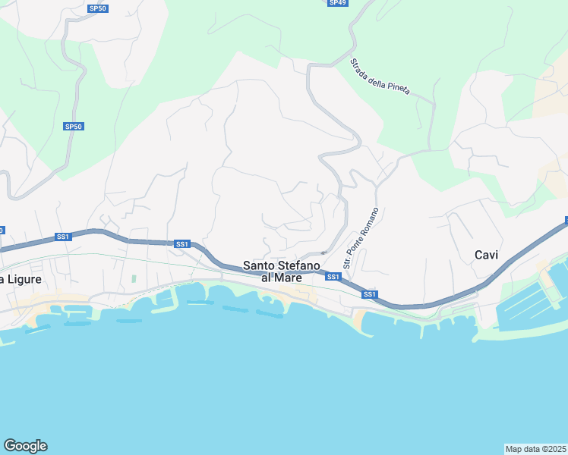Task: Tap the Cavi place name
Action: pos(486,255)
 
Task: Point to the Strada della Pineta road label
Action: pos(380,77)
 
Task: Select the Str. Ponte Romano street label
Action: pos(361,237)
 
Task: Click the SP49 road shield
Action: pos(337,3)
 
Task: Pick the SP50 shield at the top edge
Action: pos(97,8)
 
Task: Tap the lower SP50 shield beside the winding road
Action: pos(73,127)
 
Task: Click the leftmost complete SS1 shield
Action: pos(63,237)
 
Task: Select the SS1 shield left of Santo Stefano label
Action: pos(181,244)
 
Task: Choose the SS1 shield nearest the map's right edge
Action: pos(566,221)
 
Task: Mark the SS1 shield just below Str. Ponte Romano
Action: pos(333,278)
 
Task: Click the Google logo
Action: pos(25,446)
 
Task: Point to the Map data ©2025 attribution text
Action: pos(535,448)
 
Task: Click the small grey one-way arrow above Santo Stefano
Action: pos(323,253)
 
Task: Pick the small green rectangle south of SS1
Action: pos(134,279)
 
